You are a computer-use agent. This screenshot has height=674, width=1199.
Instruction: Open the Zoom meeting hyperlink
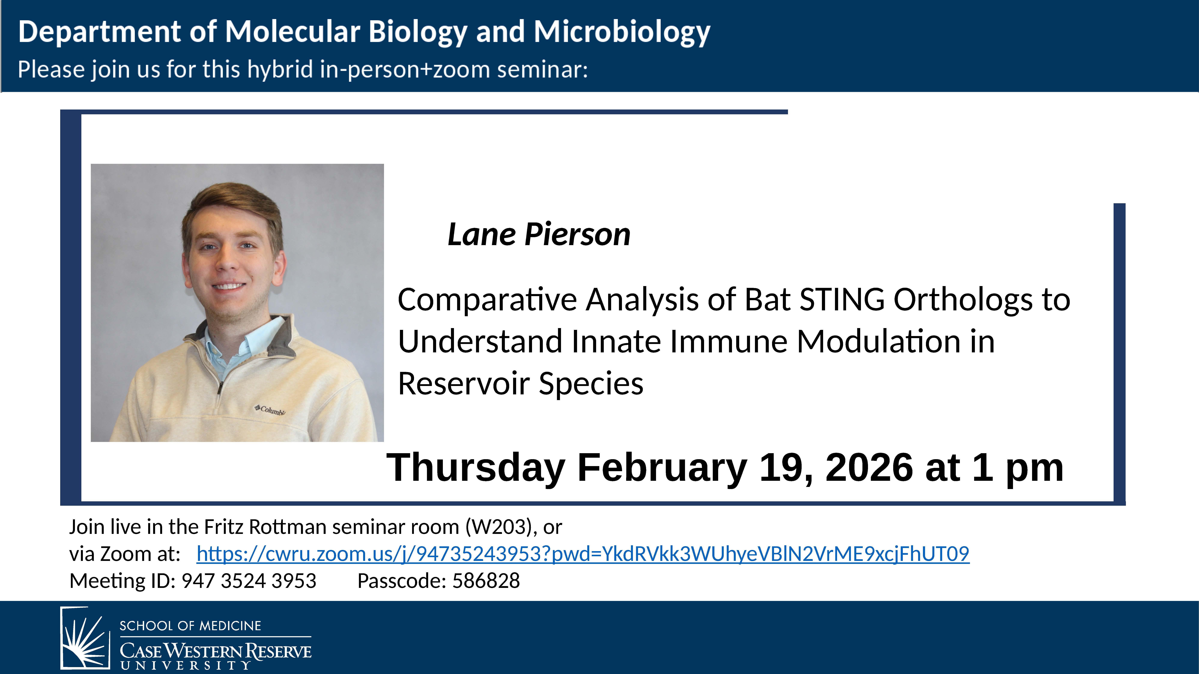pyautogui.click(x=583, y=554)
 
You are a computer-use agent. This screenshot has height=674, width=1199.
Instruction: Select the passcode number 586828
pyautogui.click(x=486, y=581)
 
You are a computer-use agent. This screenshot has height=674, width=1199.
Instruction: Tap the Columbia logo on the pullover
pyautogui.click(x=270, y=410)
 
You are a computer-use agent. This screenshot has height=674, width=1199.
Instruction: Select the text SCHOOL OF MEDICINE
pyautogui.click(x=190, y=626)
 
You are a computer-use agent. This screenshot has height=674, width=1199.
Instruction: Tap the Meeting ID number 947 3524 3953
pyautogui.click(x=249, y=581)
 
